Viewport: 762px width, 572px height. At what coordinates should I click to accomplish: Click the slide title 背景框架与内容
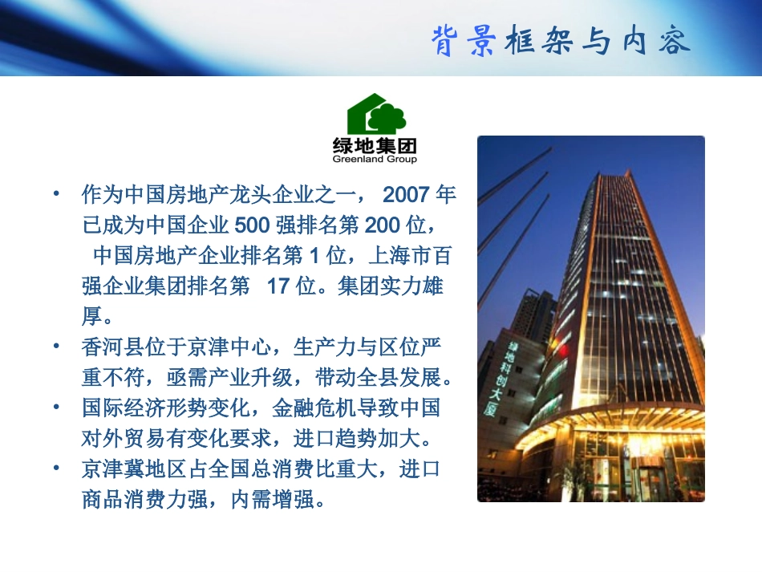561,40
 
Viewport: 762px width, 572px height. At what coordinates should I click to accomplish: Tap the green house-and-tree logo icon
376,115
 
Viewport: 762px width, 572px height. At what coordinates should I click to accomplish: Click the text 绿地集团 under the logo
375,146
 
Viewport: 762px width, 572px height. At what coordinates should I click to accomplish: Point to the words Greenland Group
375,159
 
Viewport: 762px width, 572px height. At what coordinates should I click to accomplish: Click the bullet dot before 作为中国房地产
55,195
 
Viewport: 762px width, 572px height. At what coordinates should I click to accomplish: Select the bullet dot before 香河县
55,347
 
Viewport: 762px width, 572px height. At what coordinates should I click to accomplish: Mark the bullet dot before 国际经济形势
55,408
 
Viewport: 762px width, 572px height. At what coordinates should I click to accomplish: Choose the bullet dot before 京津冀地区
55,469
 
